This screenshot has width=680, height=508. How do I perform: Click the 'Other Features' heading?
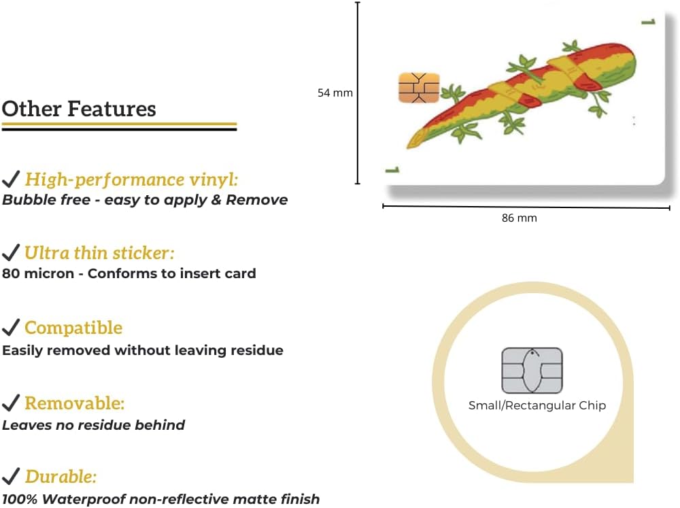(x=79, y=108)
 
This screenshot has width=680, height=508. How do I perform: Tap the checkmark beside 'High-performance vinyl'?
(x=11, y=178)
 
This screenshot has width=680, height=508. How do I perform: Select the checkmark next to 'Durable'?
(x=11, y=476)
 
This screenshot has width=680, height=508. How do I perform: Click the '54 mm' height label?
(x=335, y=93)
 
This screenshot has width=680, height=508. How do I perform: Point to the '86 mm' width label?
(x=519, y=218)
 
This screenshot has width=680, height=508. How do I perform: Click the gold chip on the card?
(x=419, y=88)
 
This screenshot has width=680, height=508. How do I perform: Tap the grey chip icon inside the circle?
(x=532, y=371)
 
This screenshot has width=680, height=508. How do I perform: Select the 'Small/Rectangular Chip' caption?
(x=537, y=405)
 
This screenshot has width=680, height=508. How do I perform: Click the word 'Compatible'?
(x=73, y=328)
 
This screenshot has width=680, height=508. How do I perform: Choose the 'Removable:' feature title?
(x=75, y=403)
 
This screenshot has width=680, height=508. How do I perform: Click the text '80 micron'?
(x=38, y=273)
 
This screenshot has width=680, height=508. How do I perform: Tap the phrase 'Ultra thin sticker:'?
(x=99, y=253)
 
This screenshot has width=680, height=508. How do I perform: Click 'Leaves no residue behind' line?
(x=94, y=425)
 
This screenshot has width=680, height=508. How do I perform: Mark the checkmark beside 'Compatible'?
(x=11, y=327)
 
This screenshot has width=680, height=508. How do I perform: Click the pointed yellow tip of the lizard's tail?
(x=409, y=146)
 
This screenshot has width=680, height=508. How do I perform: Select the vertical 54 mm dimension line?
(x=358, y=93)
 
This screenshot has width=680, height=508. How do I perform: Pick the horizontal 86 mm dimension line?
(x=526, y=207)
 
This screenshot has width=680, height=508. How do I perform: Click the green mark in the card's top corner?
(x=648, y=21)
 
